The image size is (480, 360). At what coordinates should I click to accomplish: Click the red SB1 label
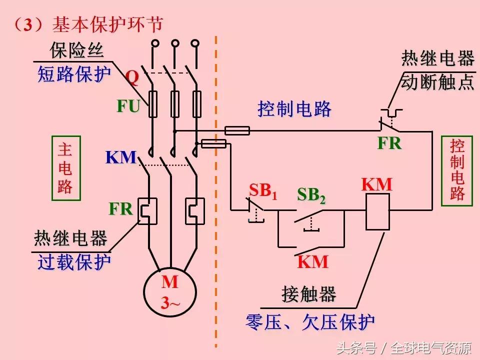(262, 190)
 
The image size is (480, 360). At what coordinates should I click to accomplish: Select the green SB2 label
(311, 195)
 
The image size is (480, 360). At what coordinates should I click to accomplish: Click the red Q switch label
(132, 77)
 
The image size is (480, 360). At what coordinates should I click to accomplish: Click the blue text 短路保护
(74, 75)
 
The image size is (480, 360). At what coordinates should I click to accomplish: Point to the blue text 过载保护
(74, 262)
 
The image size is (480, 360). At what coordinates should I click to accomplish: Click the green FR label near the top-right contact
(389, 143)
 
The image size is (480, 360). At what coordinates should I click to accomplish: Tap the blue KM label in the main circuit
(120, 157)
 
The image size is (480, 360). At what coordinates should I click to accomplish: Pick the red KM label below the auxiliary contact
(312, 261)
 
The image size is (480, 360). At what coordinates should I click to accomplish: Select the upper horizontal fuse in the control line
(237, 131)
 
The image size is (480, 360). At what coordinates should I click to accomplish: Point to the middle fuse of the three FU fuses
(174, 104)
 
